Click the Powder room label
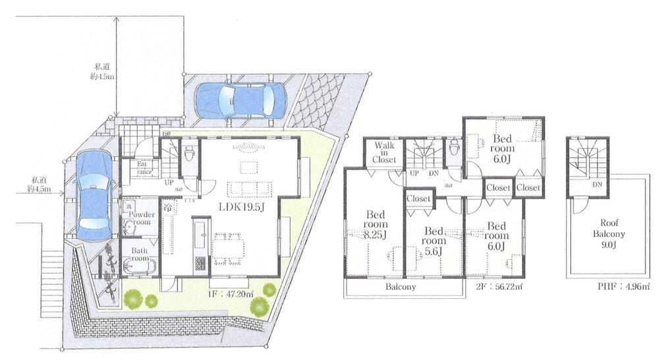(x=142, y=218)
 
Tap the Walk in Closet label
(x=384, y=153)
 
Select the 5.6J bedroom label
(x=433, y=241)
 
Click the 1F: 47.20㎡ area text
(x=228, y=295)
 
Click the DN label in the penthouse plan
(x=596, y=185)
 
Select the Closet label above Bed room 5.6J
(x=418, y=198)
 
